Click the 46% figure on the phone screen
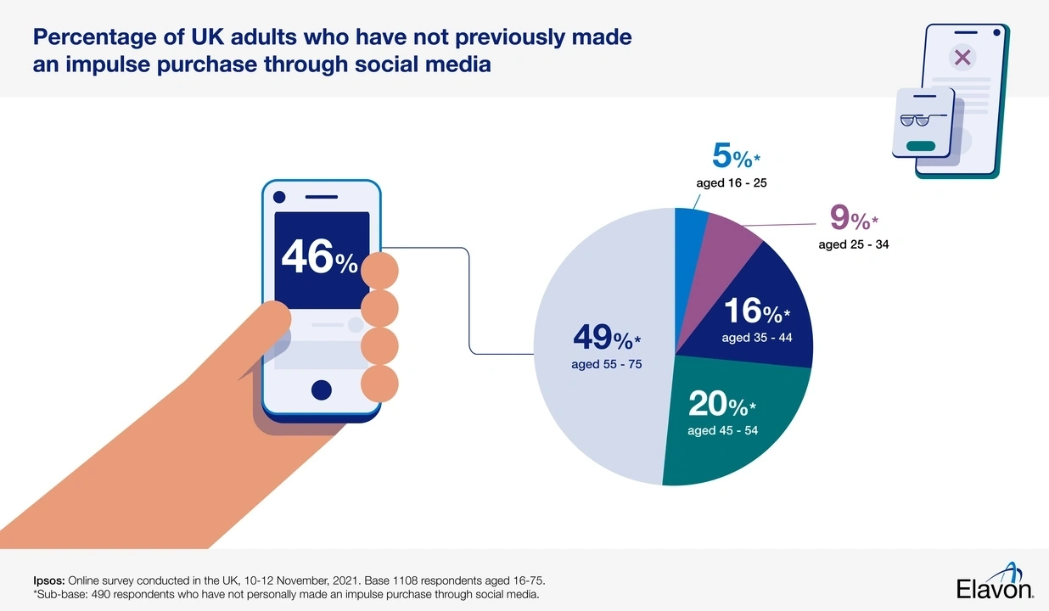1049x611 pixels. click(x=319, y=256)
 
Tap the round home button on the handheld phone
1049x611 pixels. click(x=321, y=390)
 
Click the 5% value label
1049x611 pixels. click(x=731, y=156)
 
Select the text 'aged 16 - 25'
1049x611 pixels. click(x=732, y=182)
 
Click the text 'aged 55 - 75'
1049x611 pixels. click(x=606, y=365)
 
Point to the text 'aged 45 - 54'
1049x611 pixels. click(x=722, y=430)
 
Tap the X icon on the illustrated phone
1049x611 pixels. click(x=962, y=58)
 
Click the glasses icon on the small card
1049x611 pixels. click(x=916, y=121)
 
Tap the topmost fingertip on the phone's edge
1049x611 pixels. click(x=379, y=270)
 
